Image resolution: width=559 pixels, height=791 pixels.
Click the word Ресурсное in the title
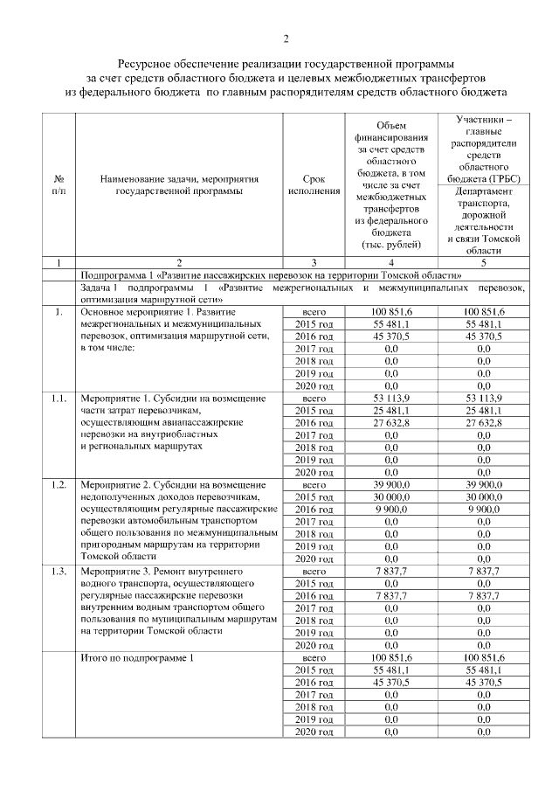[147, 64]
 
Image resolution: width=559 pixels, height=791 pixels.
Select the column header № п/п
[58, 184]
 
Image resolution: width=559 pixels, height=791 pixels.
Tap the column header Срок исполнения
[314, 184]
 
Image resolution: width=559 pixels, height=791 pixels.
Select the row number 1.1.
[59, 399]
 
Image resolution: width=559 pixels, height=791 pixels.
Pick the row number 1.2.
[59, 484]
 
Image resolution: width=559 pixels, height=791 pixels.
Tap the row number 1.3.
[59, 570]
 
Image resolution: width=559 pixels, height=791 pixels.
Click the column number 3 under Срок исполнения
[314, 261]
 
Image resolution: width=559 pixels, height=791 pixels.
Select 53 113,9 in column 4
[390, 399]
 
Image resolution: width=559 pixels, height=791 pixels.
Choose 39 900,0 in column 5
[483, 484]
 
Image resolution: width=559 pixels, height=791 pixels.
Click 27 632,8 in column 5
[483, 423]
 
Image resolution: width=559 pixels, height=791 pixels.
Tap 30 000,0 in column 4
[390, 496]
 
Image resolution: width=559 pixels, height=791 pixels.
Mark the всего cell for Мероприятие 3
[314, 570]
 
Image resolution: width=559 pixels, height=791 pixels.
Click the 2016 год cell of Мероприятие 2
[314, 509]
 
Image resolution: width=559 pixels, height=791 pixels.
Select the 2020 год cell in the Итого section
[314, 731]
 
